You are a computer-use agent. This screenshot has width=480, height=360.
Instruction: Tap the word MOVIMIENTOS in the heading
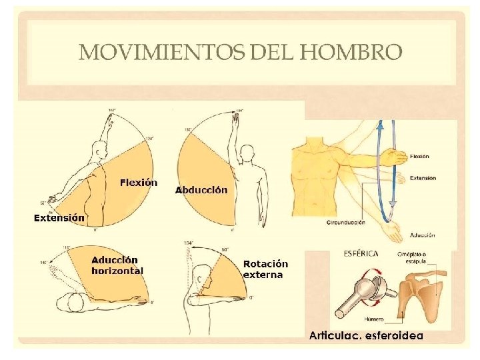pos(163,51)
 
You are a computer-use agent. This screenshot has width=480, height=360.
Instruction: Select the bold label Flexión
pos(139,182)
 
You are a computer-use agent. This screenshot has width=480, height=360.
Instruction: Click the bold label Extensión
pos(59,217)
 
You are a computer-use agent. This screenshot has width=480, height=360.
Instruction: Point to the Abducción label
pos(201,190)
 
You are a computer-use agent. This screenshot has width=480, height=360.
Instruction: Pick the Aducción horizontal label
pos(117,265)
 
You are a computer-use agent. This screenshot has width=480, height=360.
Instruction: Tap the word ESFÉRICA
pos(361,253)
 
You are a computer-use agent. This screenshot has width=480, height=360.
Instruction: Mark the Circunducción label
pos(346,221)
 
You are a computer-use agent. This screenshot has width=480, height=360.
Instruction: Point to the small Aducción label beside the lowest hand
pos(423,235)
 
